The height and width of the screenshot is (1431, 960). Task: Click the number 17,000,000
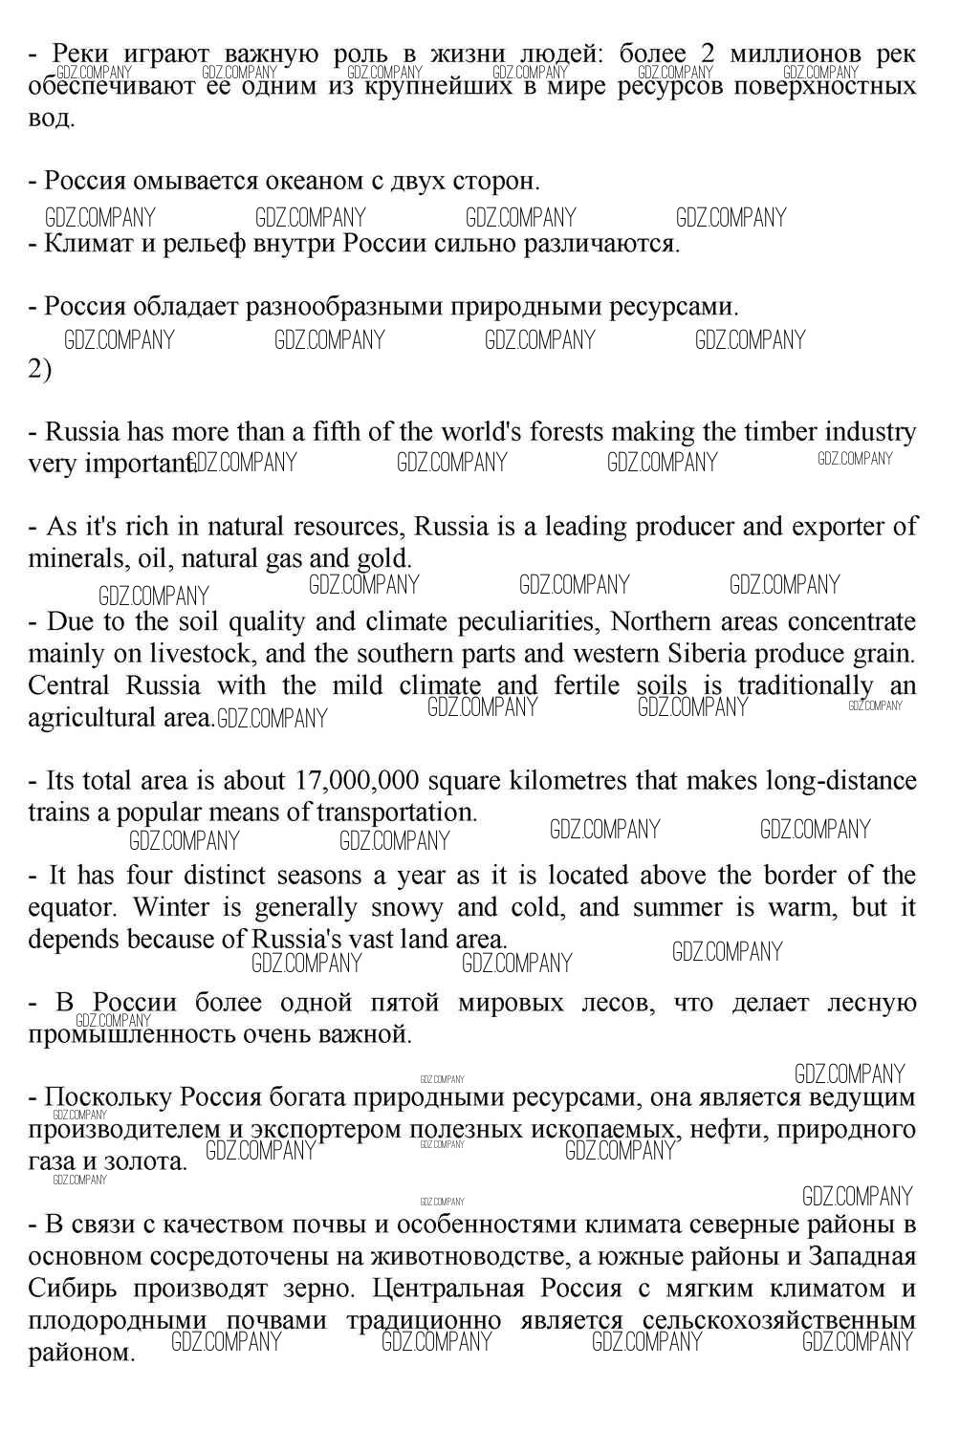pyautogui.click(x=358, y=781)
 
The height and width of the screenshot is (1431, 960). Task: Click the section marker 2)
pyautogui.click(x=39, y=369)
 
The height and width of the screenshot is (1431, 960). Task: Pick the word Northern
pyautogui.click(x=660, y=622)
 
